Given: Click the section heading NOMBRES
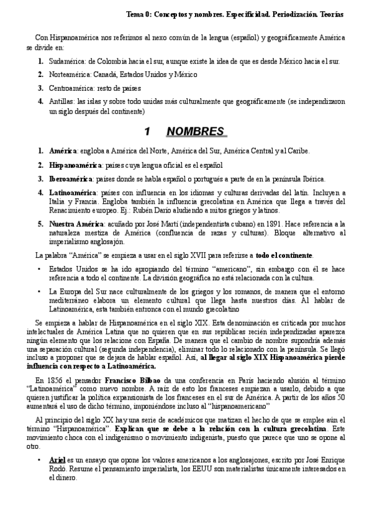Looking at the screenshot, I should click(x=195, y=132).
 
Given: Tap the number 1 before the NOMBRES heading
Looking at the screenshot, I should click(x=147, y=132).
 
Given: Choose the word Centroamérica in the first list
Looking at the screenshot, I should click(x=71, y=89).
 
